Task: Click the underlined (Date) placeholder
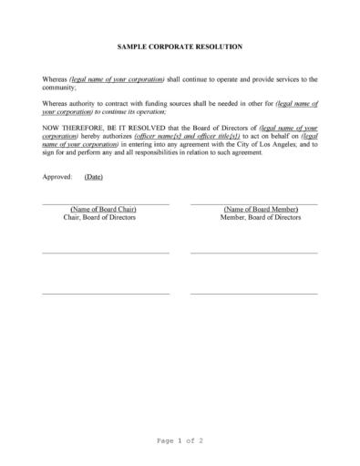[93, 177]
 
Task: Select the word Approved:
[57, 177]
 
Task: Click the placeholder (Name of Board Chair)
[105, 210]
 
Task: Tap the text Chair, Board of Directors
[105, 218]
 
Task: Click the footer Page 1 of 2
[180, 440]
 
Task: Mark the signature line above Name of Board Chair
[105, 203]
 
